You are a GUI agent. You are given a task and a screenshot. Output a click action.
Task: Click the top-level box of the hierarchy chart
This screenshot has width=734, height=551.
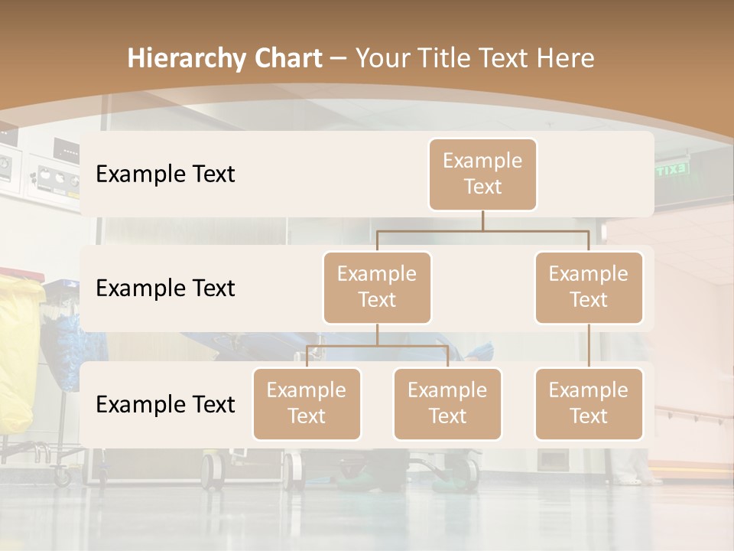click(482, 174)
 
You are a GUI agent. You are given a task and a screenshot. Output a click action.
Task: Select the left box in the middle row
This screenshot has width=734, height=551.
click(377, 287)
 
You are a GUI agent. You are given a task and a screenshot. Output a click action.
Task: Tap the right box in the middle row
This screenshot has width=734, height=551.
click(589, 287)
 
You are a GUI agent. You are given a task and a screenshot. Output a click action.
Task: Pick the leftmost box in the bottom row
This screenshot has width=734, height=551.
click(307, 403)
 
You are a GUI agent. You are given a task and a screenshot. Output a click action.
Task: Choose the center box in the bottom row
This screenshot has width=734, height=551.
click(447, 403)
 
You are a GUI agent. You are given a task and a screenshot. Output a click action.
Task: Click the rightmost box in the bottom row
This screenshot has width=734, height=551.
click(589, 403)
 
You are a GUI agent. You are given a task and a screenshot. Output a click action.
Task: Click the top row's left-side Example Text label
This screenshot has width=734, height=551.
click(165, 174)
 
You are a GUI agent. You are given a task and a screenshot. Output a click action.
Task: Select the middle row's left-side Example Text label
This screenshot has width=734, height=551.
click(165, 288)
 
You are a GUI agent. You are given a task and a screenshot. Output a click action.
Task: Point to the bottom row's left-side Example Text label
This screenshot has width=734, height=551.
click(165, 404)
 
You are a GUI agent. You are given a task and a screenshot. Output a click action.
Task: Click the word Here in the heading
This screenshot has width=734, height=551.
click(566, 58)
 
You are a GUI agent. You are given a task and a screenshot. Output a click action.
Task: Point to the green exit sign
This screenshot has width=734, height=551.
click(671, 170)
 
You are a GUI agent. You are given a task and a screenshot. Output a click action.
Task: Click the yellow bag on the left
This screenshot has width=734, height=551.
click(17, 352)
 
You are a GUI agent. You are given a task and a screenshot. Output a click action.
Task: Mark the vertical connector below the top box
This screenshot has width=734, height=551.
click(482, 220)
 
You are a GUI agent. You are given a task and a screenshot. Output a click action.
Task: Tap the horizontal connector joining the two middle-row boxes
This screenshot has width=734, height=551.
click(482, 230)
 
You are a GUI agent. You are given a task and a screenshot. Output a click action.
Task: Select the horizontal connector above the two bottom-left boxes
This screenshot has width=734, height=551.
click(377, 346)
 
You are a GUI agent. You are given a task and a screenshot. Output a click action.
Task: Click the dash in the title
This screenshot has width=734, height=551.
click(338, 58)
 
